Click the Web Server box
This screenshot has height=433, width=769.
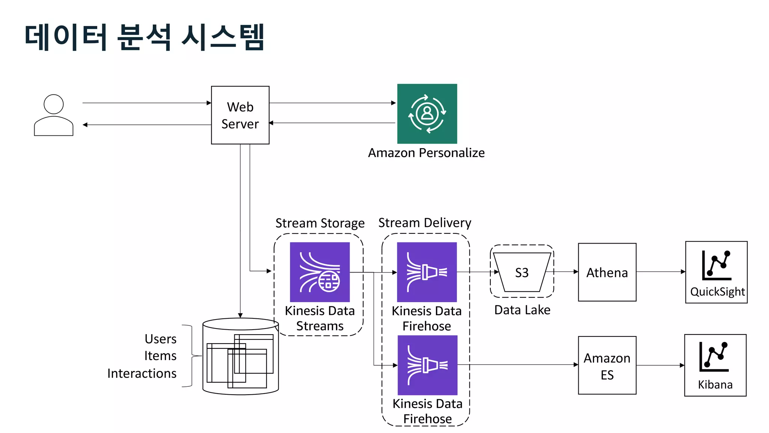(240, 115)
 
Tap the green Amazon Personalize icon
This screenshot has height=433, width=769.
(427, 114)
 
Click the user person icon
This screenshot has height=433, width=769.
(54, 115)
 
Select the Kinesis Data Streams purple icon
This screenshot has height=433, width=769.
(320, 272)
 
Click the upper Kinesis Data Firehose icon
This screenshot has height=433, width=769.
(427, 272)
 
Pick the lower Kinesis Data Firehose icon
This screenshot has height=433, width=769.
(427, 365)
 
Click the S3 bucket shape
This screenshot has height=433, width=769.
(522, 272)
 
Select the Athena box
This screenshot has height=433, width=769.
(607, 272)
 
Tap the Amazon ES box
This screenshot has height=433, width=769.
(607, 365)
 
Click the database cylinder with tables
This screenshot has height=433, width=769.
(240, 356)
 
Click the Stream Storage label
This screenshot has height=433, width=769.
(320, 223)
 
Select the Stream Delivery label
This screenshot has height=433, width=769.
(424, 223)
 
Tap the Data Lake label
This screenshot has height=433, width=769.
(522, 310)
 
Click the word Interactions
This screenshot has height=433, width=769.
(142, 373)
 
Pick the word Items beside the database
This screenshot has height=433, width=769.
(160, 356)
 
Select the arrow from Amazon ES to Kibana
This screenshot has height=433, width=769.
(660, 365)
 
